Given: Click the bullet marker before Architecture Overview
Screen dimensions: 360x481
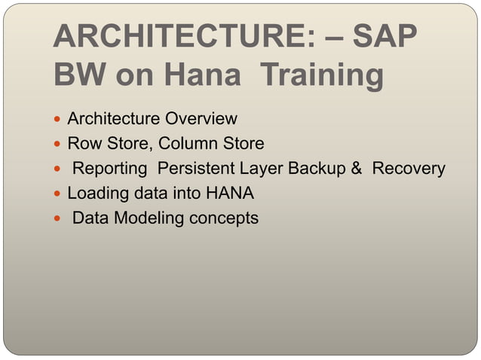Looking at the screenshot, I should pyautogui.click(x=59, y=120).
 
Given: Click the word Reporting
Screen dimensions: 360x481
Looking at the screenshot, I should pyautogui.click(x=109, y=169).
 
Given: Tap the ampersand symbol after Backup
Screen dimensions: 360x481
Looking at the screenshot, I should pyautogui.click(x=358, y=169).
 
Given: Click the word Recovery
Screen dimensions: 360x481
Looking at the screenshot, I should pyautogui.click(x=409, y=169).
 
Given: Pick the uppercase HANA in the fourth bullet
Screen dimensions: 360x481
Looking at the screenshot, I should pyautogui.click(x=231, y=194).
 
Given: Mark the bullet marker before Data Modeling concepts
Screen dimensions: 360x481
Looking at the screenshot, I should pyautogui.click(x=59, y=219).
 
